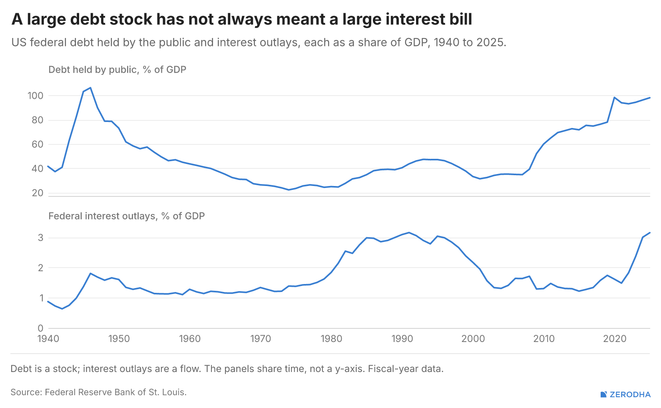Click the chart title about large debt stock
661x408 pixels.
[242, 19]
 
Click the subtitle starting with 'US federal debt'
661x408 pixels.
[259, 42]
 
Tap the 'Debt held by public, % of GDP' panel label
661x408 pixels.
[117, 70]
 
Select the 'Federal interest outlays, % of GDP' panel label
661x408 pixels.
[127, 216]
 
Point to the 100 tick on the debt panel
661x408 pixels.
[36, 96]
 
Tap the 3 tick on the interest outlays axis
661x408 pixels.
[40, 238]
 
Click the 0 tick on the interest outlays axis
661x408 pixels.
[40, 328]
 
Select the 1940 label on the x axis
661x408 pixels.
[48, 338]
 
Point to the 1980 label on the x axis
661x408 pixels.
[331, 338]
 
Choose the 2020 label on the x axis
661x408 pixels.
[615, 338]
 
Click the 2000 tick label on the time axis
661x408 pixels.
[473, 338]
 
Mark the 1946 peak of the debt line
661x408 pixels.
[91, 88]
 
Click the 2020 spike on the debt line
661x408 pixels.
[614, 98]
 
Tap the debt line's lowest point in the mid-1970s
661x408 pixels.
[289, 190]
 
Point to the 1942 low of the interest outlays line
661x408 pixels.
[62, 309]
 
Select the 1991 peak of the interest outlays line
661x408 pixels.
[409, 232]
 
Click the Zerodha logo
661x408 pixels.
[625, 394]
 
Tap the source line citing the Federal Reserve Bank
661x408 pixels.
[99, 392]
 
